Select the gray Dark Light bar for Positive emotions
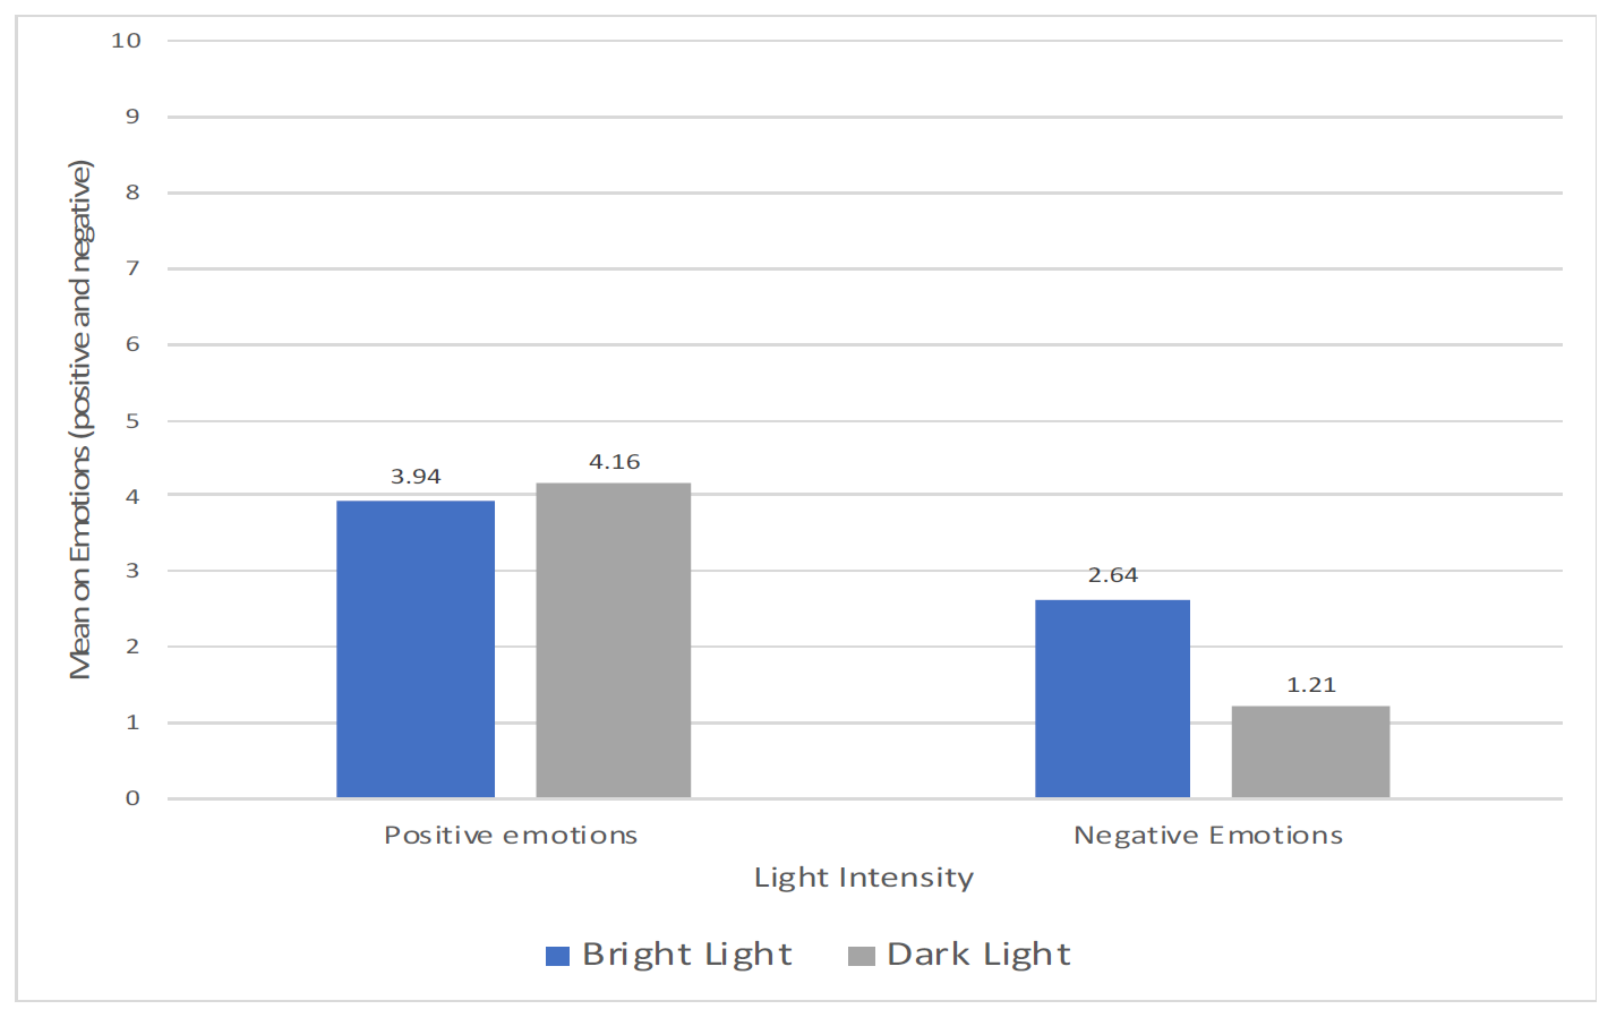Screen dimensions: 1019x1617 pos(613,640)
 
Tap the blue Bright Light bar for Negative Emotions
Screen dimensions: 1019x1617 pos(1112,699)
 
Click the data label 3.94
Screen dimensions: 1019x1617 pos(416,476)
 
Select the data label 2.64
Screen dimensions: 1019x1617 pos(1113,575)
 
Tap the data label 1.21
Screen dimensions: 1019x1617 pos(1311,685)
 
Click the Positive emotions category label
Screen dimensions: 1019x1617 pos(510,835)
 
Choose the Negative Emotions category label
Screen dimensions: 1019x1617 pos(1208,835)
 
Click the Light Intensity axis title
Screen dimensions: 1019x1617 pos(864,877)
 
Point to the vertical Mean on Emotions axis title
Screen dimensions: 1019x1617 pos(81,420)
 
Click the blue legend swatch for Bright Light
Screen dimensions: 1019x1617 pos(557,955)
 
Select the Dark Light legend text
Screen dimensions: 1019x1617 pos(978,954)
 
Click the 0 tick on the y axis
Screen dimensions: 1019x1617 pos(132,798)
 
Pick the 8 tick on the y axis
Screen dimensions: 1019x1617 pos(132,193)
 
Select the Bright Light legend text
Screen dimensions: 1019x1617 pos(687,954)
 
